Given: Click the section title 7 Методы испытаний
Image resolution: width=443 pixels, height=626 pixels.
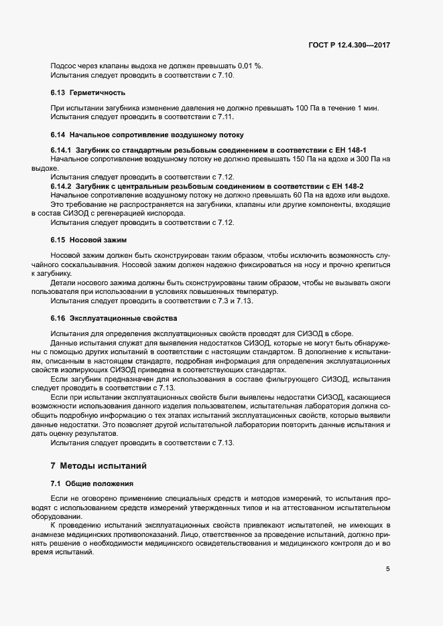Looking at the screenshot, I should (x=103, y=465).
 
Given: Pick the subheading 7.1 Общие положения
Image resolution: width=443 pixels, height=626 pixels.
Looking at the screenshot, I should (x=92, y=483).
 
